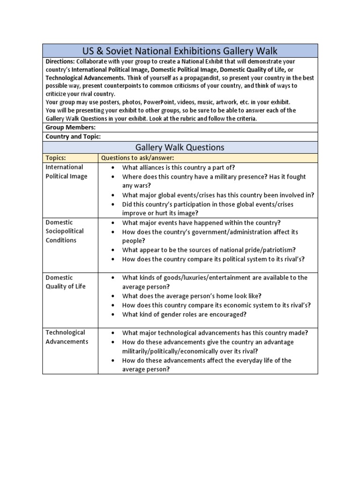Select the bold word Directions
[60, 61]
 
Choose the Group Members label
[70, 127]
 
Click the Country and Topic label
[73, 136]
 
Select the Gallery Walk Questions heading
[180, 147]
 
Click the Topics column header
[56, 158]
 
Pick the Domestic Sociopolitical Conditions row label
[64, 231]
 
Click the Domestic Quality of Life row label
[65, 282]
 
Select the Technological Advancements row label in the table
[67, 337]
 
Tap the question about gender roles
[184, 315]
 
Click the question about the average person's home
[192, 296]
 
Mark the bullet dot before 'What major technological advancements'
[113, 333]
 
